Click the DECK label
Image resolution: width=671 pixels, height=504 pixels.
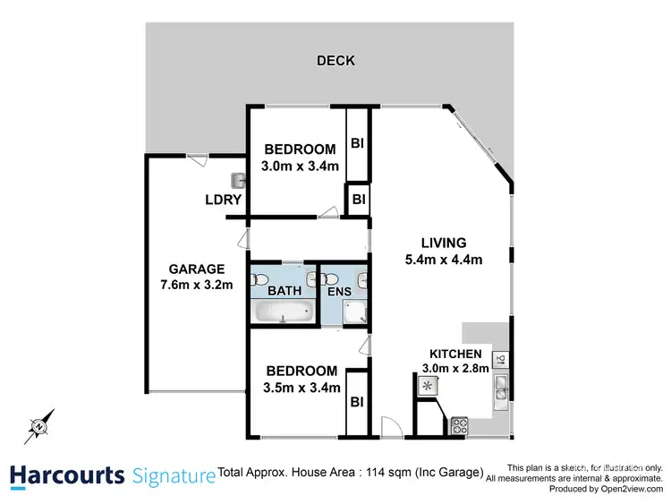click(336, 61)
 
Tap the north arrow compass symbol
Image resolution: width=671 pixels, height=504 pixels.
click(40, 428)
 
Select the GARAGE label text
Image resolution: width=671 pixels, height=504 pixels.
click(197, 269)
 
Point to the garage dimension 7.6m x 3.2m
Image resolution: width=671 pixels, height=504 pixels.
click(197, 286)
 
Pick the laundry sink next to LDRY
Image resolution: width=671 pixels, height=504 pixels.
click(239, 181)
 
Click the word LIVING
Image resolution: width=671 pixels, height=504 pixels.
click(445, 243)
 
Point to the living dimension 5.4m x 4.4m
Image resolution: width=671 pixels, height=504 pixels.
click(445, 261)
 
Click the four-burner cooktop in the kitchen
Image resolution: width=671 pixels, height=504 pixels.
click(460, 426)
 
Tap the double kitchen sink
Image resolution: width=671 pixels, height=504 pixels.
click(501, 388)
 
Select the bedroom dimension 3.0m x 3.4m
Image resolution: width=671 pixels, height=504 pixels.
click(300, 167)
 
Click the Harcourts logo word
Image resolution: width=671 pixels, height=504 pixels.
click(67, 475)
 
